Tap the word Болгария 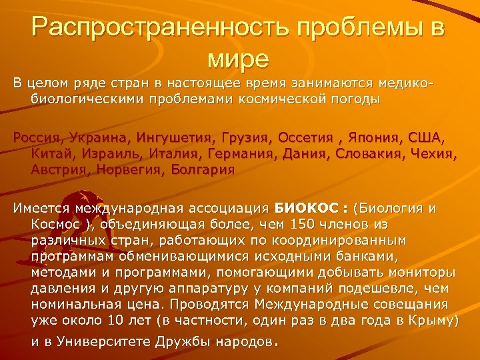click(x=200, y=169)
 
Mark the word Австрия click(x=56, y=169)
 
